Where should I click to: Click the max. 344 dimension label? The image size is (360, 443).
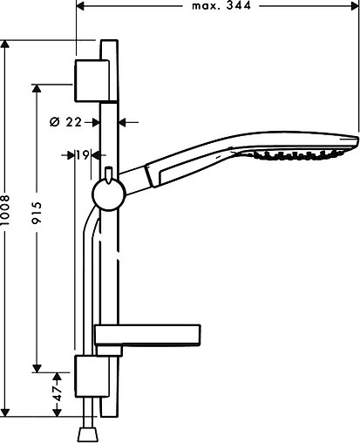coord(221,6)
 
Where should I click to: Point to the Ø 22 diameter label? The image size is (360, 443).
coord(67,121)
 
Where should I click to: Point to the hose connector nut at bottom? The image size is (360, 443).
coord(87,433)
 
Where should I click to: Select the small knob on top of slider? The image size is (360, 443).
coord(107,173)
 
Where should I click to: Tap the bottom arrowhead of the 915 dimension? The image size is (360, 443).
coord(37,366)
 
